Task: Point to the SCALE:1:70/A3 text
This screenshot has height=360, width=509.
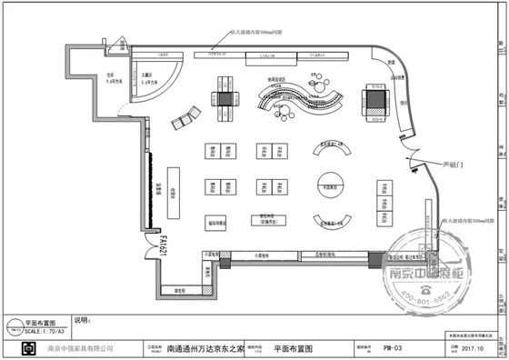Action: (45, 331)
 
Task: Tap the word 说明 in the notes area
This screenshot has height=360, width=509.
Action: (83, 320)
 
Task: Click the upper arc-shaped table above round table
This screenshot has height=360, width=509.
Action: (333, 148)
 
